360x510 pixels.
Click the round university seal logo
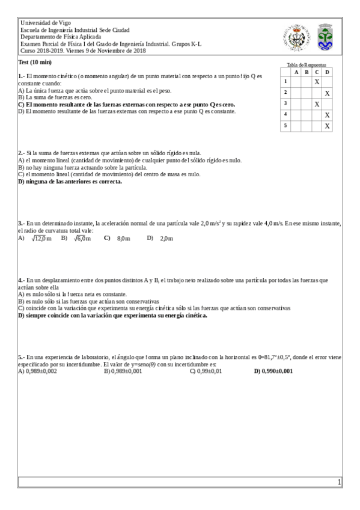pyautogui.click(x=294, y=37)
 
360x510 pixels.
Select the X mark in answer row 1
pyautogui.click(x=317, y=81)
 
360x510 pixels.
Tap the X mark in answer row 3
pyautogui.click(x=317, y=104)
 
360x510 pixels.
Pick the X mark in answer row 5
pyautogui.click(x=327, y=126)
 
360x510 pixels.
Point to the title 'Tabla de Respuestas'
pyautogui.click(x=307, y=64)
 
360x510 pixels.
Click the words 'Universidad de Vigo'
pyautogui.click(x=46, y=23)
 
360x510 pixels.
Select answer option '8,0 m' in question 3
pyautogui.click(x=123, y=239)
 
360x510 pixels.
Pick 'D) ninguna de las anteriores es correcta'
pyautogui.click(x=70, y=182)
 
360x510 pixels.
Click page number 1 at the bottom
pyautogui.click(x=339, y=482)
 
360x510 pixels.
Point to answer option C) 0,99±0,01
pyautogui.click(x=206, y=371)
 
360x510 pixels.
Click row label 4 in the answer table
pyautogui.click(x=285, y=115)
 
